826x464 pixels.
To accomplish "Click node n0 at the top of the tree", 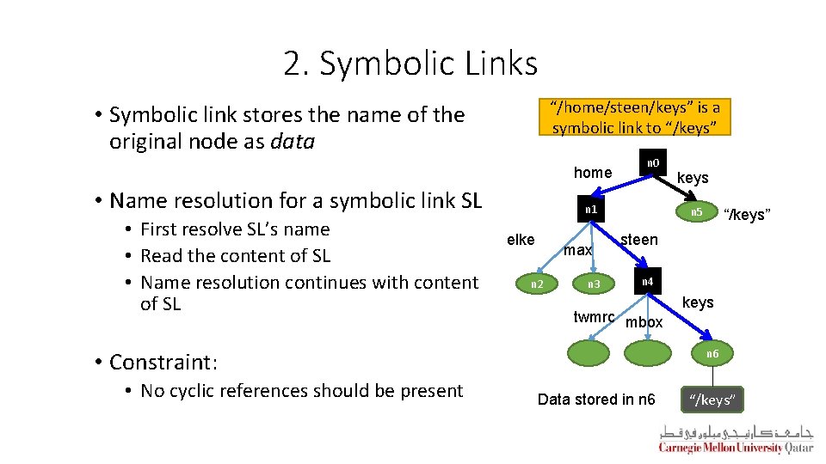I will pos(654,162).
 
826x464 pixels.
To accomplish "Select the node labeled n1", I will pos(589,209).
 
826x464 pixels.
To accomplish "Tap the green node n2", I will pos(536,284).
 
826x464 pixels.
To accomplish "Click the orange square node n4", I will pos(647,281).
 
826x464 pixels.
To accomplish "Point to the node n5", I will pos(697,212).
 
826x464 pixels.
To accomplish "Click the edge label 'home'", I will pos(593,173).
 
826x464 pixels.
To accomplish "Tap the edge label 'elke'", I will pos(521,240).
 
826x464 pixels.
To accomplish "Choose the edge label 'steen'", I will pos(639,240).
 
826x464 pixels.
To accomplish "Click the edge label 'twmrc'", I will pos(594,317).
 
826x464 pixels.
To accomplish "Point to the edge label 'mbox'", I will pos(644,322).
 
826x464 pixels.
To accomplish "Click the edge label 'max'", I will pos(577,250).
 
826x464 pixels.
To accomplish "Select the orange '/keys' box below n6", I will pos(713,400).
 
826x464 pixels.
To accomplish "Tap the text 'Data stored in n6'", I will pos(596,400).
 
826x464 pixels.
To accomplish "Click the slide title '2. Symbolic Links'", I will pos(410,63).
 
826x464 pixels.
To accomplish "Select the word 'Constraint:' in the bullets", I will pos(163,362).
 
